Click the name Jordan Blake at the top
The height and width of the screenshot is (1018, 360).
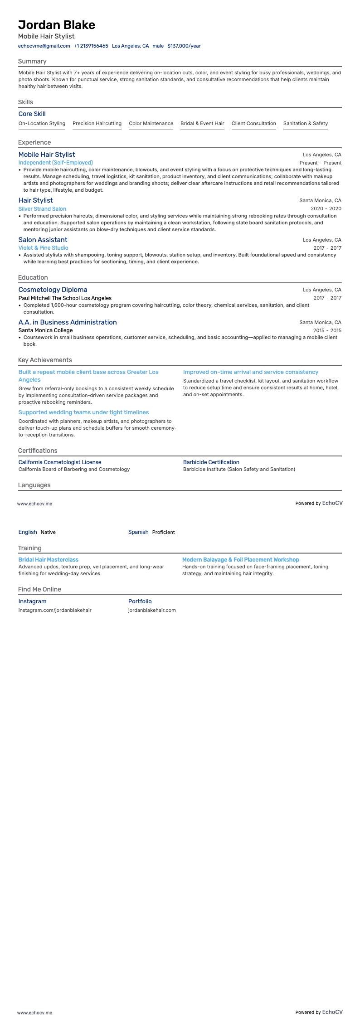click(x=57, y=25)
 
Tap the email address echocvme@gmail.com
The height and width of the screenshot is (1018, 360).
click(x=44, y=46)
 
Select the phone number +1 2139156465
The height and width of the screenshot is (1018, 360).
click(x=91, y=46)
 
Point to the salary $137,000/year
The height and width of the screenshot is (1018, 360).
click(x=184, y=46)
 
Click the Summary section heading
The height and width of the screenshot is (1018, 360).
click(x=32, y=61)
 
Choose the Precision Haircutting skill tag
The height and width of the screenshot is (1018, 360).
click(x=97, y=123)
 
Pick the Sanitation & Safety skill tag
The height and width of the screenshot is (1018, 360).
click(x=305, y=123)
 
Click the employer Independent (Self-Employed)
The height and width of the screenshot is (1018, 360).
click(x=55, y=163)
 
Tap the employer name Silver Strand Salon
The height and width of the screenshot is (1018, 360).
click(x=42, y=209)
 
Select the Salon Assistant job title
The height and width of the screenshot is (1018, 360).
click(x=43, y=240)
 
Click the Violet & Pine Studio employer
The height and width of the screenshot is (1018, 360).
click(x=43, y=248)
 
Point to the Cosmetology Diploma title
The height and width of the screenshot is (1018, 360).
click(x=53, y=290)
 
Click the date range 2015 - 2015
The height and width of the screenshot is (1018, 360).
click(x=327, y=330)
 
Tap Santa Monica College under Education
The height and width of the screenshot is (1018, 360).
click(x=45, y=330)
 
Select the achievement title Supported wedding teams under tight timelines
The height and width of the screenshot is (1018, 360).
click(x=83, y=412)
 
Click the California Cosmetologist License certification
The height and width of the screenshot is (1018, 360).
click(x=60, y=462)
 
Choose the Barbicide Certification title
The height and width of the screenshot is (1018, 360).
click(x=211, y=462)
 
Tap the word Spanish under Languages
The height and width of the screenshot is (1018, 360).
click(x=138, y=532)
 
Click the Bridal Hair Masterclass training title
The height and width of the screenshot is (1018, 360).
click(x=48, y=560)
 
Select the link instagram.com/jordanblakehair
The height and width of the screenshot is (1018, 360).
click(x=55, y=610)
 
